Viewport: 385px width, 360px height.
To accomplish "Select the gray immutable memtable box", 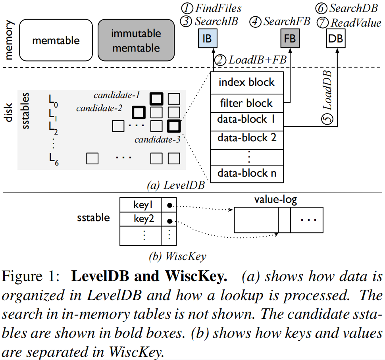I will [x=136, y=40].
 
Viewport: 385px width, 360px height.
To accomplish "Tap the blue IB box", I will [x=207, y=39].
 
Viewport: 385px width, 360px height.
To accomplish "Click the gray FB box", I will [x=290, y=39].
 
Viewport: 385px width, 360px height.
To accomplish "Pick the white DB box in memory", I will [x=336, y=39].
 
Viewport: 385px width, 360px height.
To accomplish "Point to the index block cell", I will [x=246, y=83].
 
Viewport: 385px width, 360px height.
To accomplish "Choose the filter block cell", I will [x=246, y=103].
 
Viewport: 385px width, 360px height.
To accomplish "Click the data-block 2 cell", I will [x=246, y=138].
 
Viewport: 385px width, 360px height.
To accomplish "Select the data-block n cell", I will [x=246, y=173].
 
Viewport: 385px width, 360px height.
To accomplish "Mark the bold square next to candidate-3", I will [x=174, y=127].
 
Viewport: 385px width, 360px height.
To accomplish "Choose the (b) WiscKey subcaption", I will [x=177, y=256].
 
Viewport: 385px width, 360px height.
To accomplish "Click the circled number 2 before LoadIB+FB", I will [x=220, y=60].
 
